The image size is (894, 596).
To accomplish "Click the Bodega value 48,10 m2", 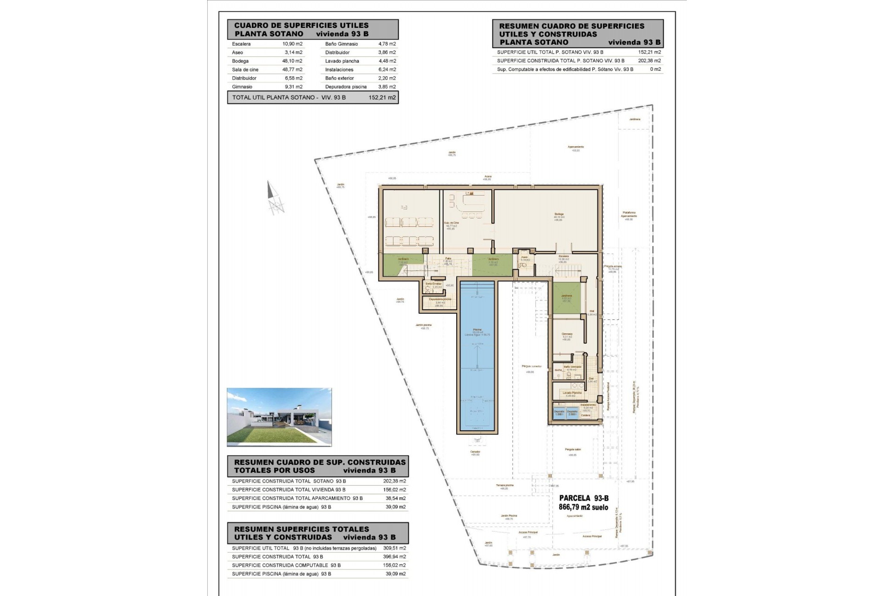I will coord(292,61).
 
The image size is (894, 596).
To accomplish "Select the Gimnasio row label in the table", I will coord(242,87).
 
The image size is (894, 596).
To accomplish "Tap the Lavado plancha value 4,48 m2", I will coord(387,61).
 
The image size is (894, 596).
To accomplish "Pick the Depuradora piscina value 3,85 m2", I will coord(387,87).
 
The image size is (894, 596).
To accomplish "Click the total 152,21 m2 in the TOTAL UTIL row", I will coord(382,97).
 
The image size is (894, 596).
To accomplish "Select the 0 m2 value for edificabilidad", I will coord(655,69).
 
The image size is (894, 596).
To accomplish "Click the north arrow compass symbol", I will coord(274,198).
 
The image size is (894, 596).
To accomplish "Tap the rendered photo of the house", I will coord(279,417).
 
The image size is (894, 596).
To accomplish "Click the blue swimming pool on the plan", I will coord(477,356).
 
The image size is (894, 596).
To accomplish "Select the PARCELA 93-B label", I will coord(583,498).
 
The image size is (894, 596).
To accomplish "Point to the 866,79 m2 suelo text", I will coord(583,508).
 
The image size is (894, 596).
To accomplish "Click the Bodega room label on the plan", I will coord(559,215).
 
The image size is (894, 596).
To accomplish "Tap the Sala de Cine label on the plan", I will coord(451,223).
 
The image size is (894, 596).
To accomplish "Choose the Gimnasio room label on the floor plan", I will coord(567,334).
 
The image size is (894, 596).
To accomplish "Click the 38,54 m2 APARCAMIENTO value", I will coord(395,498).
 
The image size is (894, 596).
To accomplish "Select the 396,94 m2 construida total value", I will coord(395,557).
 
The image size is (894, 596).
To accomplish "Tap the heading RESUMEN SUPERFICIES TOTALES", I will coord(302,529).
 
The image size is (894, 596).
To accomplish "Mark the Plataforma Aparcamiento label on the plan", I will coord(629,215).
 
